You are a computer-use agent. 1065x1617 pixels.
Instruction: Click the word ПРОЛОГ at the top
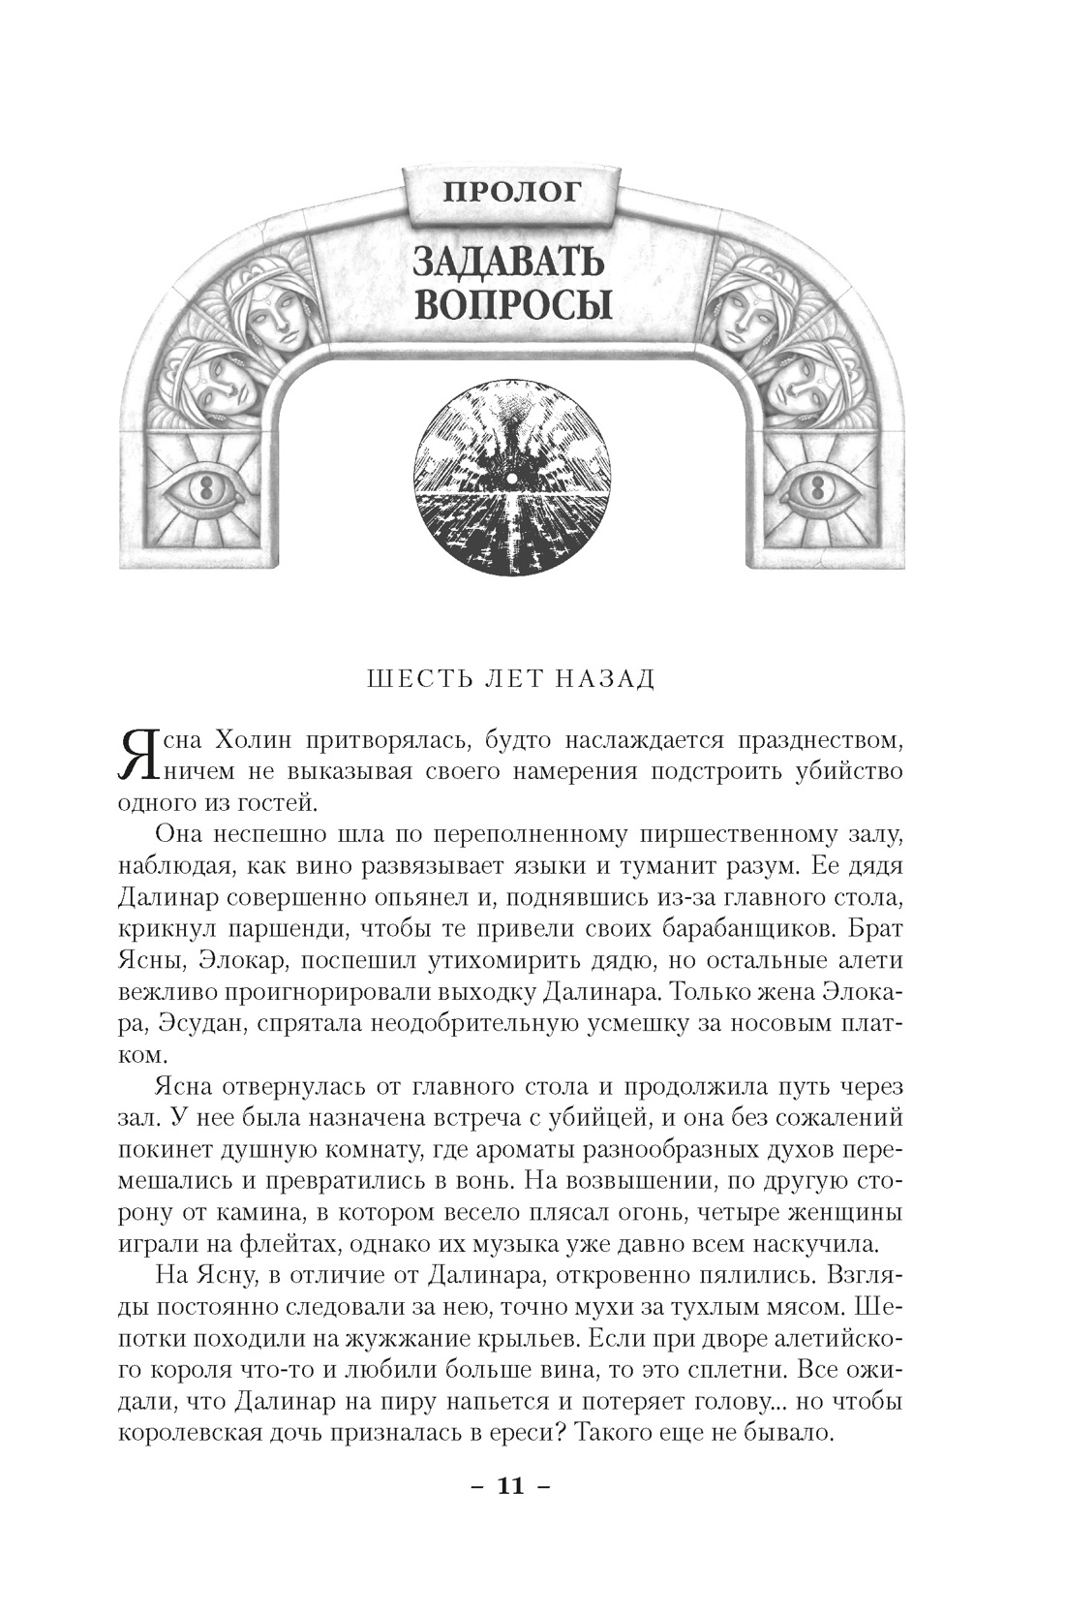coord(512,190)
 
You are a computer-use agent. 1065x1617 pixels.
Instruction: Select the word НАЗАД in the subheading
coord(606,678)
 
